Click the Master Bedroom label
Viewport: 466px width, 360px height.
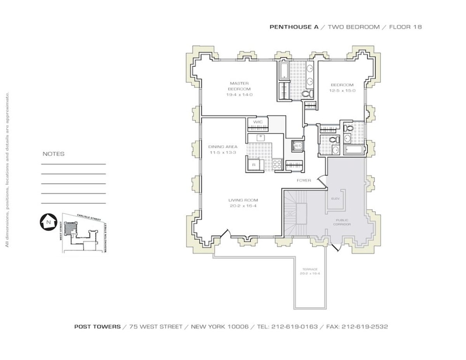tap(239, 86)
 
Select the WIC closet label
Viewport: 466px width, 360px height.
tap(258, 122)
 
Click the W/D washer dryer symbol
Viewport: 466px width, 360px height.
tap(298, 146)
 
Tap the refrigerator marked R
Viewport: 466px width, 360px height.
tap(254, 165)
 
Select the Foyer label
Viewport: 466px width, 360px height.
tap(304, 180)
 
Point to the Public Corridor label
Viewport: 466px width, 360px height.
tap(343, 222)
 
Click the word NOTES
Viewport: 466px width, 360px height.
tap(54, 154)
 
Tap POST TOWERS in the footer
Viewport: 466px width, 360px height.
tap(97, 327)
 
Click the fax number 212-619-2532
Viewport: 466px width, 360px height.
tap(365, 327)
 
